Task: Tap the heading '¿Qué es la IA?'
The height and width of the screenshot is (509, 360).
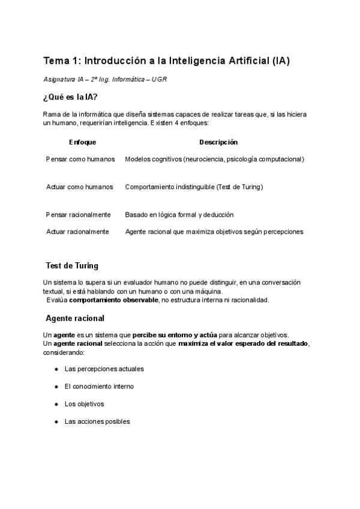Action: [71, 98]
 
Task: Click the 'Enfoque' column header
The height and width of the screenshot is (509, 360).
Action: [82, 142]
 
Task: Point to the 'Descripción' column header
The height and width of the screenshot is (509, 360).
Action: [218, 142]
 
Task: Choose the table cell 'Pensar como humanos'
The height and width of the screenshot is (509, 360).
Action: [80, 159]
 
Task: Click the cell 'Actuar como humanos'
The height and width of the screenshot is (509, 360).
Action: [80, 187]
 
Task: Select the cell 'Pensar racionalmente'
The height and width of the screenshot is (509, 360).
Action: [79, 214]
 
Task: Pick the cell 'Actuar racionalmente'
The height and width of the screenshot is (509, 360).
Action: [78, 231]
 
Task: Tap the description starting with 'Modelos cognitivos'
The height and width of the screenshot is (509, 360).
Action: [214, 159]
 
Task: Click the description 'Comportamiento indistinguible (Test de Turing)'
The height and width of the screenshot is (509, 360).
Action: [194, 187]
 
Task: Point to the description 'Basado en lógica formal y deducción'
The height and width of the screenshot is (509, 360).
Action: [179, 214]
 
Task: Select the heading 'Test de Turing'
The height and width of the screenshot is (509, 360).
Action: [72, 265]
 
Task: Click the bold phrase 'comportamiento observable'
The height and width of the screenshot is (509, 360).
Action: [114, 300]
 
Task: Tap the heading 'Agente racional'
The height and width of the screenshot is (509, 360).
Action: [75, 318]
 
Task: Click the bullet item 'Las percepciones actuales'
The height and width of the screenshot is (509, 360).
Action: [104, 369]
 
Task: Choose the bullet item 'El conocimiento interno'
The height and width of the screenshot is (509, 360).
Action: [99, 386]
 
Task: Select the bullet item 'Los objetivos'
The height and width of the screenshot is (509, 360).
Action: [84, 404]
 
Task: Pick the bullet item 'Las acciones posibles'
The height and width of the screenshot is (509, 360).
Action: [97, 421]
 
